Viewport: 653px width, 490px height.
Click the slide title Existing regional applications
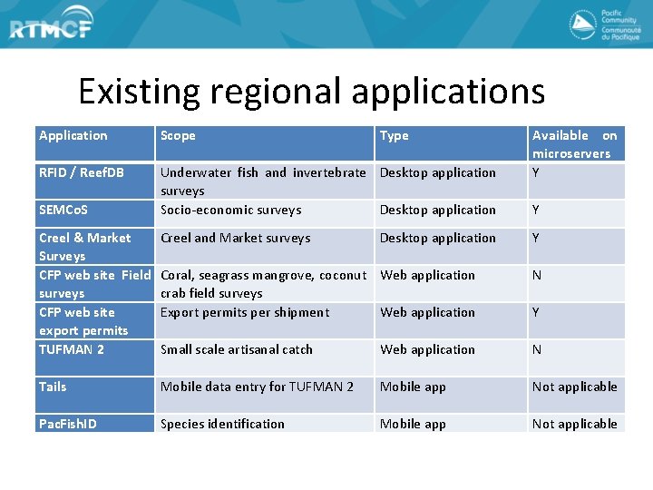pyautogui.click(x=311, y=92)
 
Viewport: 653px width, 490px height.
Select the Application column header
pyautogui.click(x=73, y=135)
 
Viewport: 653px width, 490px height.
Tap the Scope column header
pyautogui.click(x=178, y=135)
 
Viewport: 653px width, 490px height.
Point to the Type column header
pyautogui.click(x=395, y=135)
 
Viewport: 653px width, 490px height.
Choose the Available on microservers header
pyautogui.click(x=574, y=144)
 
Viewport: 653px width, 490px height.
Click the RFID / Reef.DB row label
pyautogui.click(x=82, y=172)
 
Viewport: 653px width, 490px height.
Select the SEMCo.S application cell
pyautogui.click(x=63, y=210)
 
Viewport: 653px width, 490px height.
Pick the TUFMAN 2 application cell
pyautogui.click(x=72, y=349)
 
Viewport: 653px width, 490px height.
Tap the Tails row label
pyautogui.click(x=53, y=387)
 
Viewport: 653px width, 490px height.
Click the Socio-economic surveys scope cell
pyautogui.click(x=231, y=210)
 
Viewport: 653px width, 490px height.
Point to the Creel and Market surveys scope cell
pyautogui.click(x=236, y=238)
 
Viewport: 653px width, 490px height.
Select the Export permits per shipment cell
pyautogui.click(x=245, y=312)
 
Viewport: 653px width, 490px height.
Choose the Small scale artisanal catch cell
pyautogui.click(x=237, y=349)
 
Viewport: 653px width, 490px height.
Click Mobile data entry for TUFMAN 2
pyautogui.click(x=257, y=387)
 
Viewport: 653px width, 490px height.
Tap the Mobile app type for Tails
pyautogui.click(x=413, y=387)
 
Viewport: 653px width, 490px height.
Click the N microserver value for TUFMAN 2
pyautogui.click(x=537, y=349)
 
